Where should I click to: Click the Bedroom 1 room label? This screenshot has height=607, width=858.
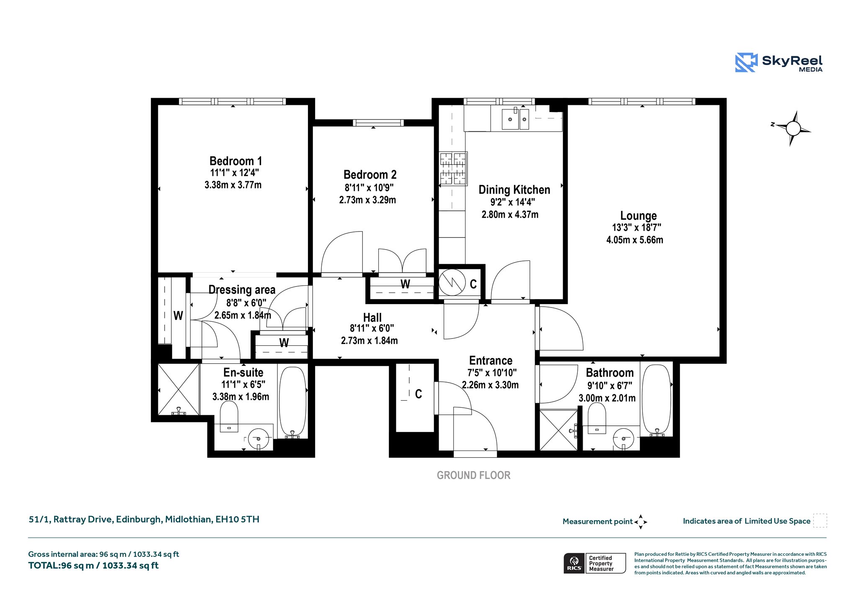click(x=235, y=161)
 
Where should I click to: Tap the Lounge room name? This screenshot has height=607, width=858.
click(x=638, y=216)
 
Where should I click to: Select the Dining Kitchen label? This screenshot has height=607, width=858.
click(x=514, y=190)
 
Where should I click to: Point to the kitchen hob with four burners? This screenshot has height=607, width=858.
click(x=453, y=168)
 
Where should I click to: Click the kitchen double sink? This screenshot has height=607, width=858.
click(x=515, y=119)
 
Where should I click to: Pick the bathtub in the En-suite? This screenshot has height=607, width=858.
click(x=292, y=402)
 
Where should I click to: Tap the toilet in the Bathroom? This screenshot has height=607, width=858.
click(x=597, y=418)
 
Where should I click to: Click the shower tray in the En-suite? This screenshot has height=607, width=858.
click(x=178, y=390)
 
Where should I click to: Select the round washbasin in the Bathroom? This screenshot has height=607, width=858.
click(x=623, y=439)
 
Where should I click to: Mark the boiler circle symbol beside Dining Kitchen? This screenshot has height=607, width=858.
click(x=452, y=282)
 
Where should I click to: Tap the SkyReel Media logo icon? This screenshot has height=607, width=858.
click(x=746, y=63)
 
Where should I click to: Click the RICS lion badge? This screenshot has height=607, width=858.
click(x=574, y=563)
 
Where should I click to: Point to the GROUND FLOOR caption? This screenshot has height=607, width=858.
click(x=473, y=475)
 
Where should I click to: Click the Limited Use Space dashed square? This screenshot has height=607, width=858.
click(x=820, y=521)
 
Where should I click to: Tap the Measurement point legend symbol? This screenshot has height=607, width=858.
click(x=641, y=522)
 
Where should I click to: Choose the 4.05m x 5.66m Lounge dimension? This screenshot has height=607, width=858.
click(x=635, y=240)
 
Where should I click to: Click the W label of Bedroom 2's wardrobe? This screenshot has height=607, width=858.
click(x=405, y=284)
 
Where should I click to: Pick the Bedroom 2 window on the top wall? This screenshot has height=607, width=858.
click(x=378, y=123)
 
